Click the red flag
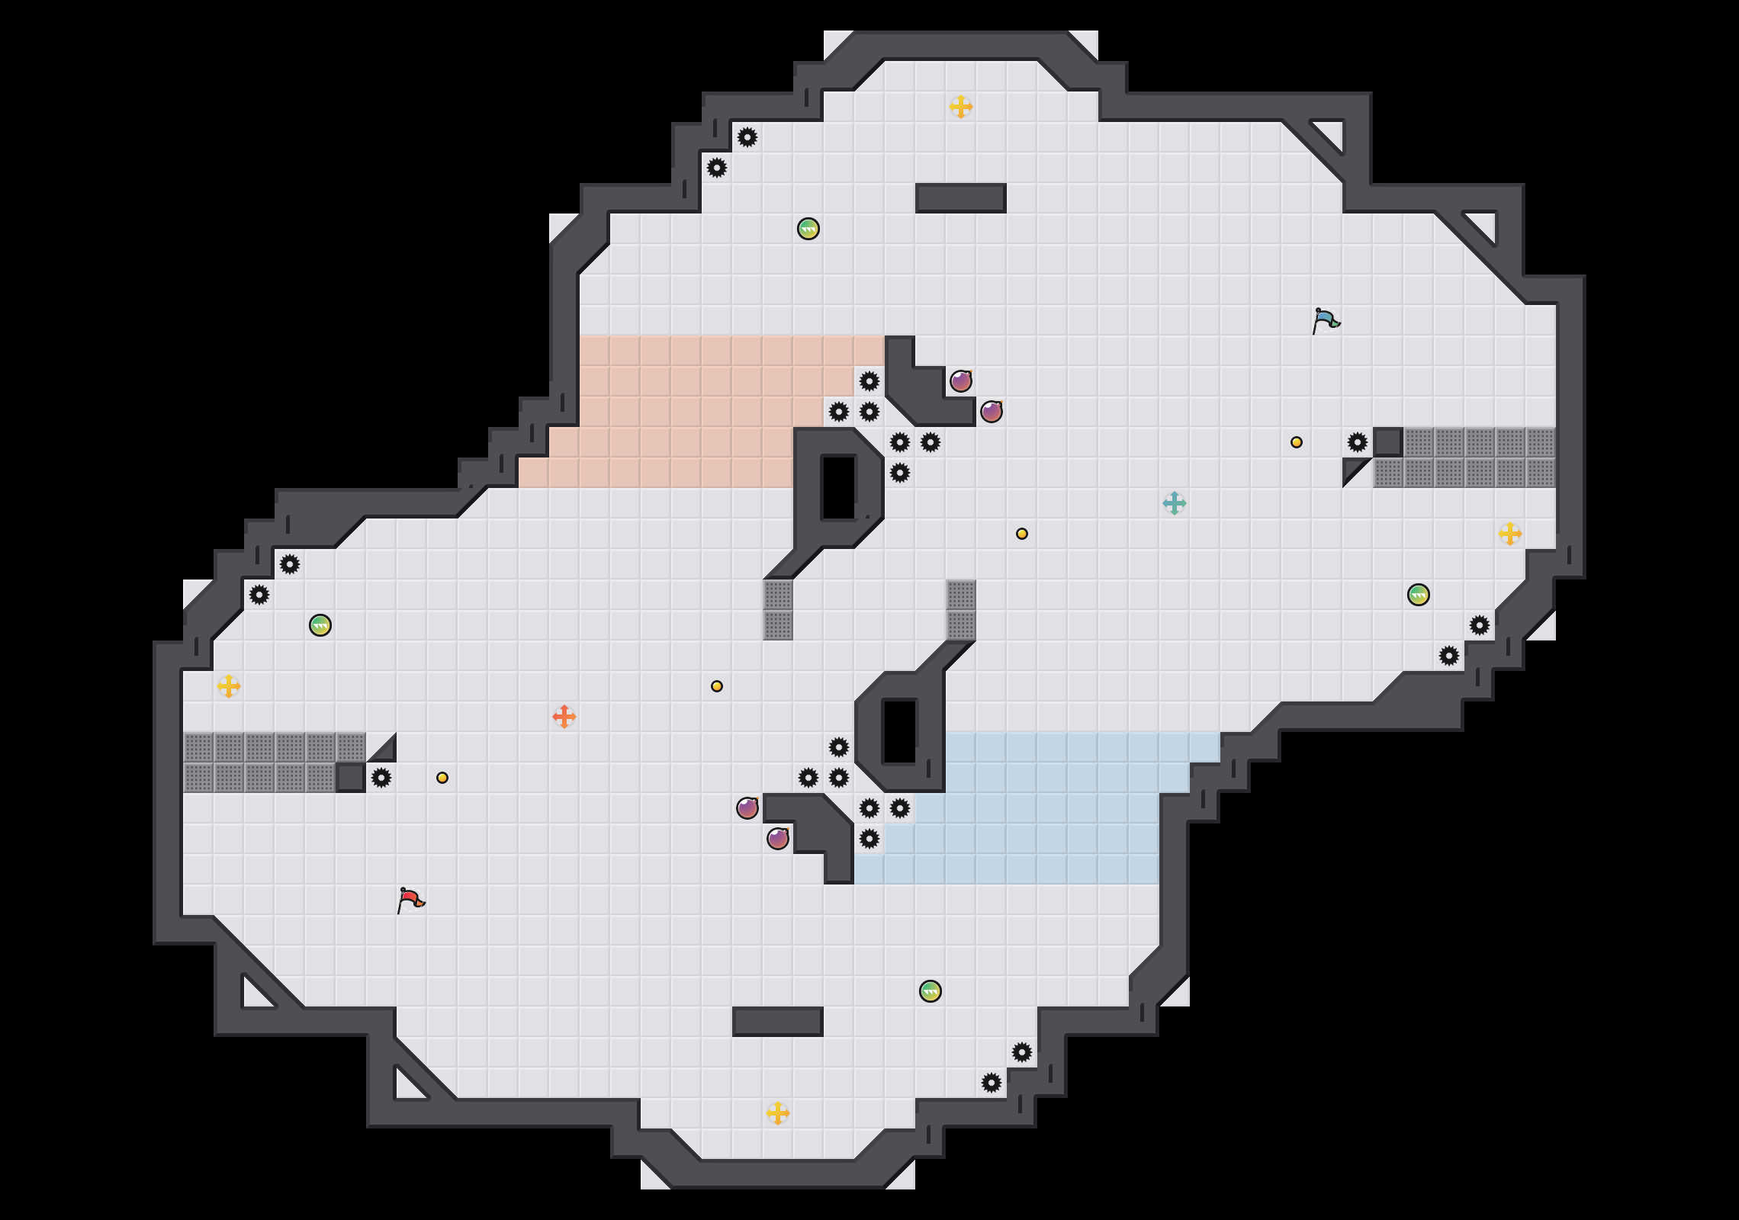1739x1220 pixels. point(410,900)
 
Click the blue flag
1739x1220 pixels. point(1326,320)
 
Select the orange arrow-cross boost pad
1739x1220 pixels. point(564,717)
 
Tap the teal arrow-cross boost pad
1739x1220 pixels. point(1175,503)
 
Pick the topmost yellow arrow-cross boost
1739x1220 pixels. point(961,107)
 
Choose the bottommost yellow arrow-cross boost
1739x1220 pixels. point(778,1113)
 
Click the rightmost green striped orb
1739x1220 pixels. point(1419,595)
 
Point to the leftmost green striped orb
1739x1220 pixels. point(320,625)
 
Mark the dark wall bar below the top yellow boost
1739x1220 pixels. point(961,198)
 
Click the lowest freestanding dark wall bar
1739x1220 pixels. point(778,1022)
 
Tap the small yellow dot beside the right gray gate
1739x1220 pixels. point(1297,442)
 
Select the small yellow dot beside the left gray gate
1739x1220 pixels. point(442,778)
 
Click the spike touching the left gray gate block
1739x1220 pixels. point(381,778)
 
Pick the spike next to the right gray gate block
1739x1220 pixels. point(1358,442)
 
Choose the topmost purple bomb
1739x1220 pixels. point(961,381)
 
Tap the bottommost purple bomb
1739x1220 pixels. point(778,839)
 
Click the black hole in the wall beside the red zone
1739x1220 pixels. point(839,488)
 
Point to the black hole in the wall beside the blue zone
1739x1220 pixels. point(900,732)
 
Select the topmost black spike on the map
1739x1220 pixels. point(747,137)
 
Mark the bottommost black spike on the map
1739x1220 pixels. point(992,1083)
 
